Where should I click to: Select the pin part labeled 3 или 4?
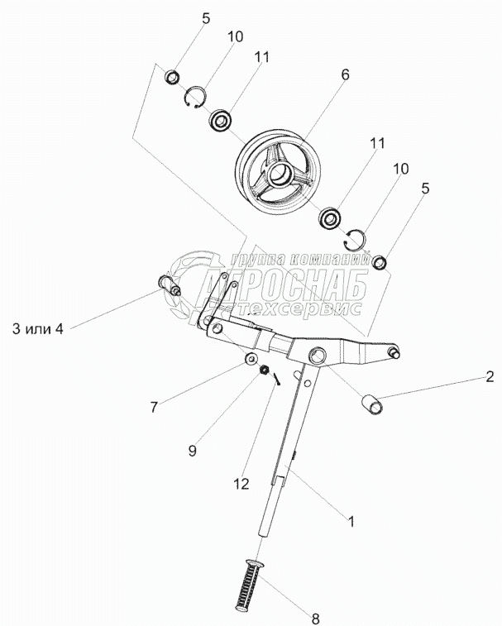click(169, 287)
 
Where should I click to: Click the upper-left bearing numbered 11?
click(222, 121)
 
